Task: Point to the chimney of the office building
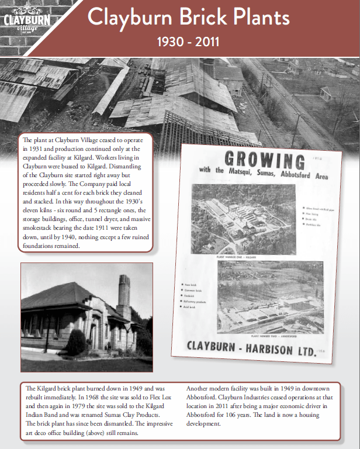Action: [x=124, y=292]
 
